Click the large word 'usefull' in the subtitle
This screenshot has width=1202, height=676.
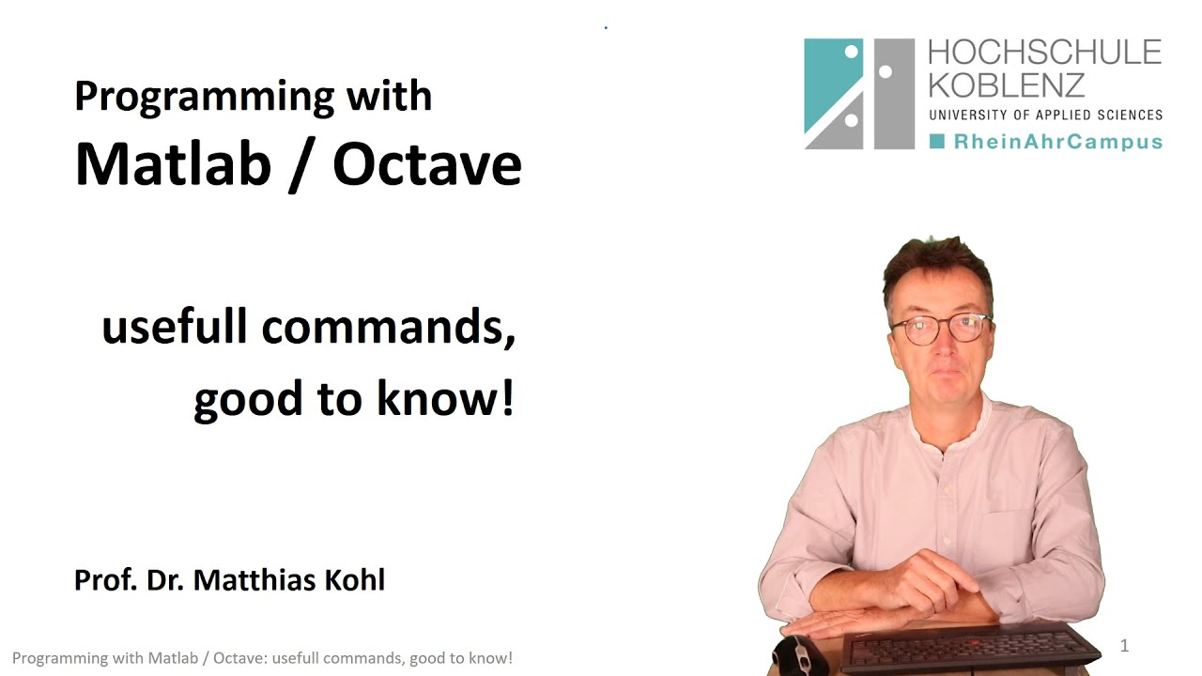pyautogui.click(x=175, y=327)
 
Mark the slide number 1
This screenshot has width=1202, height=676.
pyautogui.click(x=1124, y=645)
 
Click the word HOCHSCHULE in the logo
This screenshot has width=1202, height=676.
pyautogui.click(x=1044, y=53)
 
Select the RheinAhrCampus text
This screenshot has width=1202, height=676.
pyautogui.click(x=1057, y=142)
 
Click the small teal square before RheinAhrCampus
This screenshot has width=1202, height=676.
pyautogui.click(x=936, y=142)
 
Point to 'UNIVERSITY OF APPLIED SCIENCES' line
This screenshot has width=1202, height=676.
pyautogui.click(x=1045, y=115)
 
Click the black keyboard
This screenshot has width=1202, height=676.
pyautogui.click(x=967, y=648)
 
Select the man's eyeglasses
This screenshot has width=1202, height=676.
pyautogui.click(x=939, y=328)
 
